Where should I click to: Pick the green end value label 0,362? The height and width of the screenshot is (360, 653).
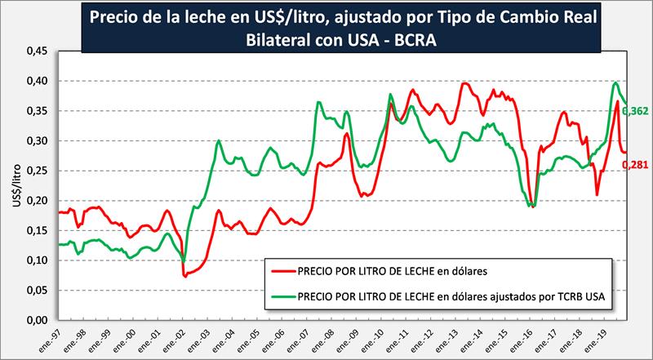(635, 110)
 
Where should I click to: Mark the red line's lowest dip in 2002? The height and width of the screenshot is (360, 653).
(185, 276)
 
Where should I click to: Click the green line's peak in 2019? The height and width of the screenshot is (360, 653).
(614, 82)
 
